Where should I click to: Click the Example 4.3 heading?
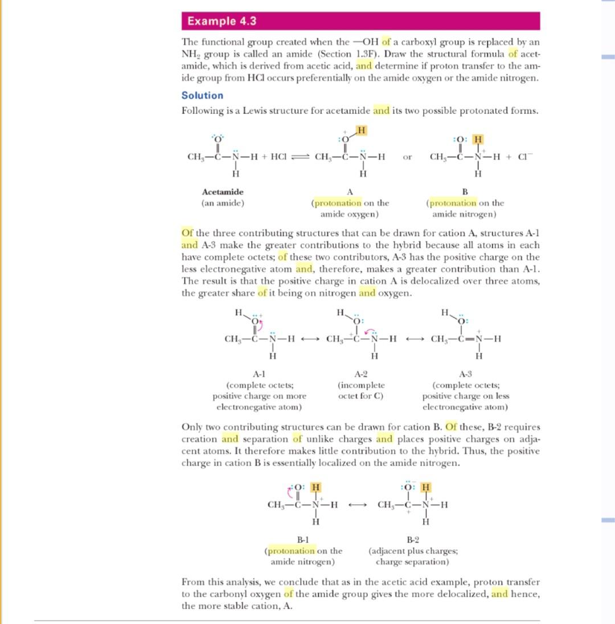tap(222, 22)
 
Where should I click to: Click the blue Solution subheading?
tap(202, 95)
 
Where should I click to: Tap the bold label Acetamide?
tap(223, 192)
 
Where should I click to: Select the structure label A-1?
tap(259, 374)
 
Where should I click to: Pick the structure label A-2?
tap(360, 374)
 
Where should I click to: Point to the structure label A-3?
tap(465, 374)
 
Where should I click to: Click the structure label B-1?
tap(303, 540)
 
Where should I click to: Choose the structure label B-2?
tap(412, 540)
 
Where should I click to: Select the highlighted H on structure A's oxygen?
tap(360, 131)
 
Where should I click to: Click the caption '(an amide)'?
tap(223, 202)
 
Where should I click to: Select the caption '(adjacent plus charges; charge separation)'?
tap(412, 556)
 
